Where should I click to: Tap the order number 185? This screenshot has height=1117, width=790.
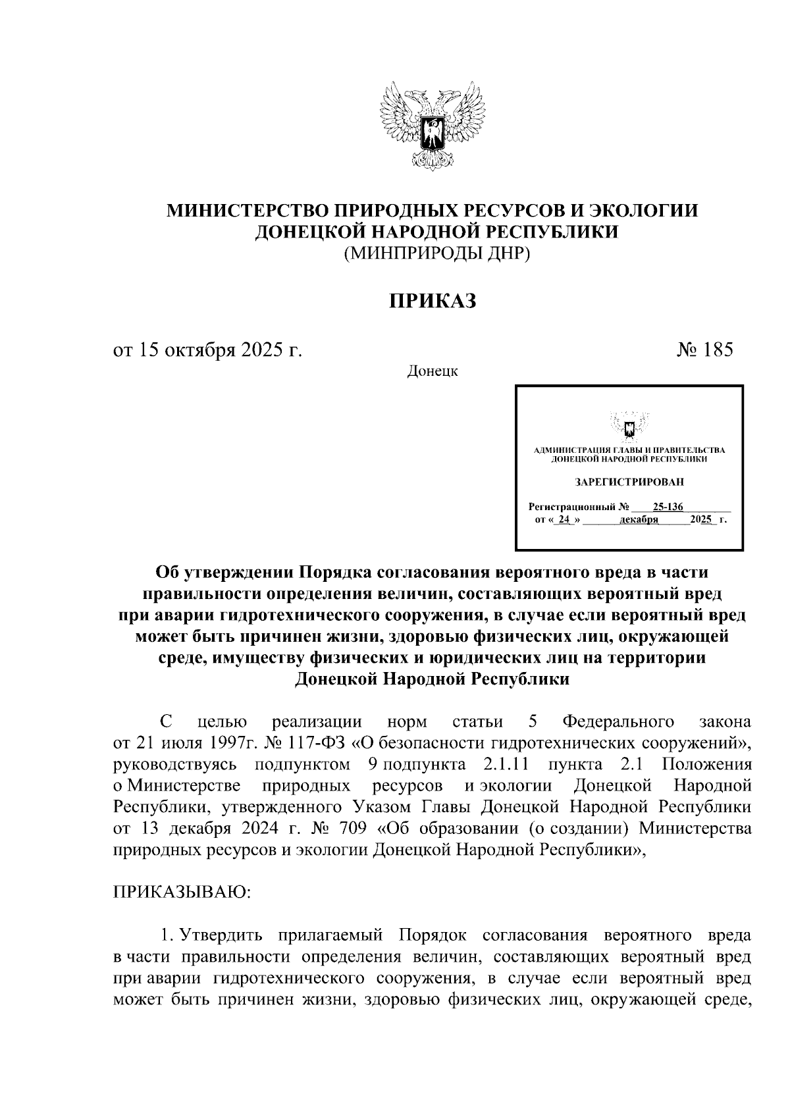tap(717, 350)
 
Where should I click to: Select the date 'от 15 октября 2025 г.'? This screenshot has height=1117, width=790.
tap(208, 350)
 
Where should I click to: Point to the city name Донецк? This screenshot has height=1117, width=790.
tap(433, 372)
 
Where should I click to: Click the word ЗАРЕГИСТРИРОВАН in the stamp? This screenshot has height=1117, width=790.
tap(629, 482)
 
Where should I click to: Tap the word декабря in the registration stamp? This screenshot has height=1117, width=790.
tap(639, 520)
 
